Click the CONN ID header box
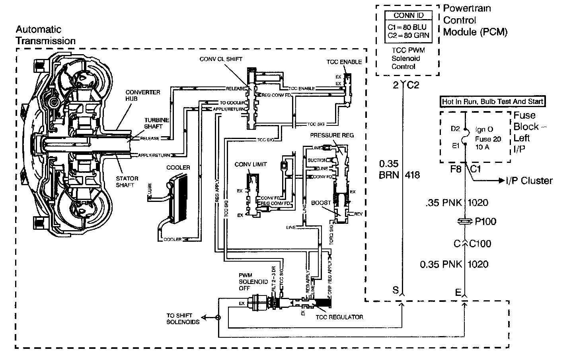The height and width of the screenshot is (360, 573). coord(408,16)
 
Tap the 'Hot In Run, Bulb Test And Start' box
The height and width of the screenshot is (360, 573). coord(492,102)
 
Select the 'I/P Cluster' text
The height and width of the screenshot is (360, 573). coord(529,181)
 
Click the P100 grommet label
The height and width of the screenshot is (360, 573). coord(486,221)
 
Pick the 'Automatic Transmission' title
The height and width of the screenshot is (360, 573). coord(45,35)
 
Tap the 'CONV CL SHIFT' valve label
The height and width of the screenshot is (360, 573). coord(221,59)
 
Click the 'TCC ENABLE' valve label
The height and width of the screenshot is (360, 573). coord(344,62)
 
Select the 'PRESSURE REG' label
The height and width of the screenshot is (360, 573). coord(331,135)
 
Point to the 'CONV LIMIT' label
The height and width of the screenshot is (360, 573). coord(251,164)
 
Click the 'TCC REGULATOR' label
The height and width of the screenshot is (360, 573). coord(339,317)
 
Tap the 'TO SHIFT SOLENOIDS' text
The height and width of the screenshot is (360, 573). coord(183,319)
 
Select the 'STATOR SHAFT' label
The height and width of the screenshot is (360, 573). coord(127,182)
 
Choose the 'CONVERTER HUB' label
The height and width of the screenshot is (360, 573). coord(137,95)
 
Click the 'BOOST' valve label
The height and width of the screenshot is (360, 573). coord(321,203)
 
